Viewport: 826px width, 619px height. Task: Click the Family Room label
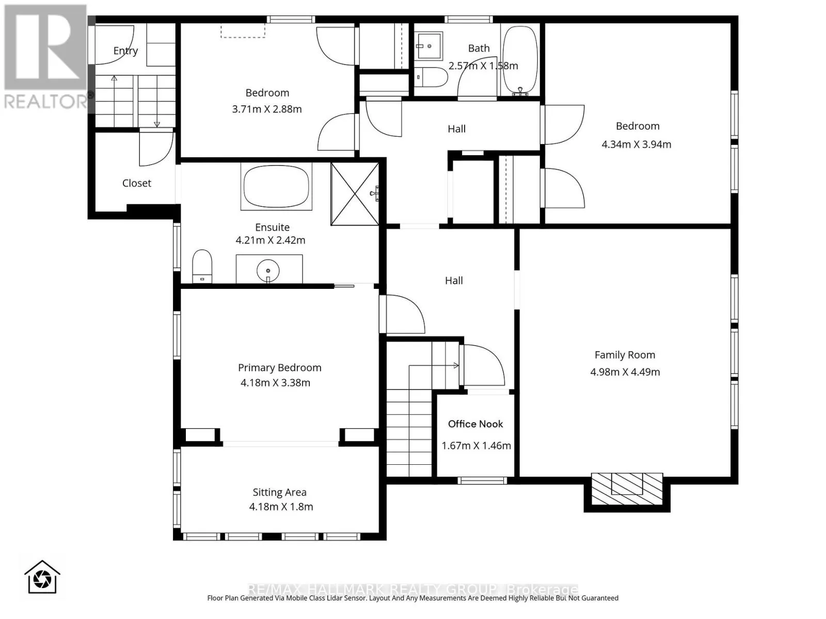pos(625,355)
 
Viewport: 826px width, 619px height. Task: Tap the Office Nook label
pos(475,424)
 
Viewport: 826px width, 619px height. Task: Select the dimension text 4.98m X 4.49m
pos(625,372)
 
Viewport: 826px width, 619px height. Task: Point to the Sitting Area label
pos(279,492)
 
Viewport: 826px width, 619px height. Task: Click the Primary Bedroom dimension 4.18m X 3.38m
pos(276,383)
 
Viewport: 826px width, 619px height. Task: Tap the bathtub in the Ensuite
pos(276,186)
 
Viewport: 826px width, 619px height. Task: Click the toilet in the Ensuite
pos(202,266)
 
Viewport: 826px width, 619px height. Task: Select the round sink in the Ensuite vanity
pos(268,271)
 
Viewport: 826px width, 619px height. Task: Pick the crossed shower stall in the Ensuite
pos(355,194)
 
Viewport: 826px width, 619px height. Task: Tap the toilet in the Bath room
pos(431,77)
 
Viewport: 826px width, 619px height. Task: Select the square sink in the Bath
pos(429,46)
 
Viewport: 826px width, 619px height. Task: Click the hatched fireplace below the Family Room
pos(627,488)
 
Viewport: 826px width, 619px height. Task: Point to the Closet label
pos(137,184)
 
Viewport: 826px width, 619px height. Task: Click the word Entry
pos(125,51)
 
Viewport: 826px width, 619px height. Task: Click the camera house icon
pos(42,577)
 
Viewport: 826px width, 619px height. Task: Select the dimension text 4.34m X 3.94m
pos(637,145)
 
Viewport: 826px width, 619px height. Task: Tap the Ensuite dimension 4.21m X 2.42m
pos(270,240)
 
